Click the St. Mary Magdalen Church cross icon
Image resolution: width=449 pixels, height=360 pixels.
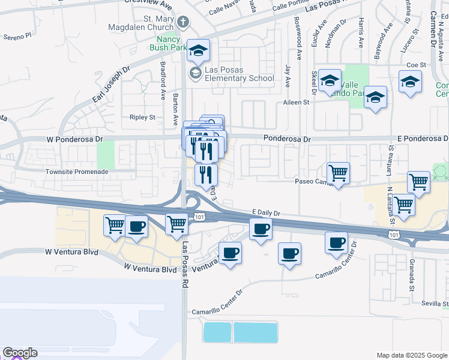pos(184,23)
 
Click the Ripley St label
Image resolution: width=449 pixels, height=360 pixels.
pos(142,117)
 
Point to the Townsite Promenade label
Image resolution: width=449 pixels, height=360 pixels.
pos(77,172)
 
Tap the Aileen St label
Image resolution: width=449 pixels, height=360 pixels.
pos(296,103)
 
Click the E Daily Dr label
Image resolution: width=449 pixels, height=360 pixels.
pos(267,213)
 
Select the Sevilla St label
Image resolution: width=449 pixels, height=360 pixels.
pos(434,304)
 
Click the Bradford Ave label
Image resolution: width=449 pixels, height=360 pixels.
pos(163,80)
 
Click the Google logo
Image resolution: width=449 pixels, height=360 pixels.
pos(20,353)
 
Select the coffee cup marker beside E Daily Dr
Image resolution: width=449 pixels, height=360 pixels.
pos(261,229)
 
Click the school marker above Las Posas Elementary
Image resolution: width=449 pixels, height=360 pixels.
pos(197,50)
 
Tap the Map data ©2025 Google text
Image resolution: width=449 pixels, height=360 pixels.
pos(412,355)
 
